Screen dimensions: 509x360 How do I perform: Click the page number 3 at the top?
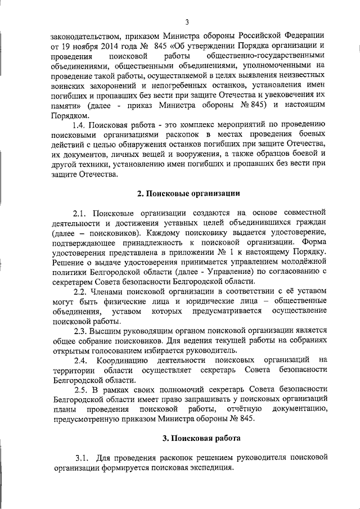tap(186, 22)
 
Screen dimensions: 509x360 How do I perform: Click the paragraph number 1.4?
tap(82, 124)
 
